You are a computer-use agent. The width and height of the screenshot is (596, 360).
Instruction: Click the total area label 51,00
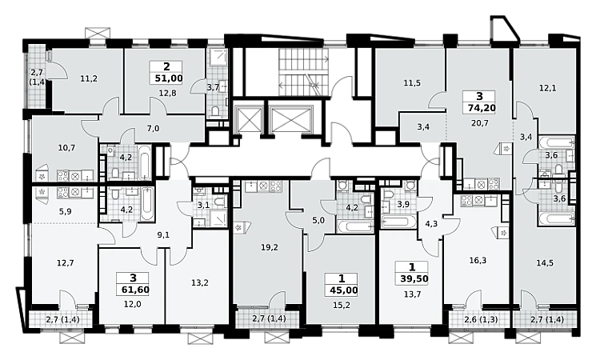coord(169,78)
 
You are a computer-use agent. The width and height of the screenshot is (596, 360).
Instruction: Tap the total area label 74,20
coord(482,108)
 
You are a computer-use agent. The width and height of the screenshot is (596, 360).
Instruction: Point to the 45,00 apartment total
coord(342,291)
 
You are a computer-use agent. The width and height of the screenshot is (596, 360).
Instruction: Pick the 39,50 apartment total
coord(413,278)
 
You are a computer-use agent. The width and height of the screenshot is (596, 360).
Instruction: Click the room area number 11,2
coord(89,78)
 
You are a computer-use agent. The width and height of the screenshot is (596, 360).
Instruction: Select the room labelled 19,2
coord(270,247)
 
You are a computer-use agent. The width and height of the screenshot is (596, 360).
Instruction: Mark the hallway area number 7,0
coord(153,129)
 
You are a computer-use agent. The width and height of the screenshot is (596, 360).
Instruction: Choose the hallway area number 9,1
coord(163,235)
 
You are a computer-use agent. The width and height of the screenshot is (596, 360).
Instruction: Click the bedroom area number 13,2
coord(199,282)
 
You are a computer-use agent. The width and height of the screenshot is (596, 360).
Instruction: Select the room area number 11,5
coord(412,82)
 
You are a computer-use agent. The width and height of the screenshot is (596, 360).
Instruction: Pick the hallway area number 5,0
coord(319,220)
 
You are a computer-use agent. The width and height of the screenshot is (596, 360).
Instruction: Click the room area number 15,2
coord(342,306)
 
